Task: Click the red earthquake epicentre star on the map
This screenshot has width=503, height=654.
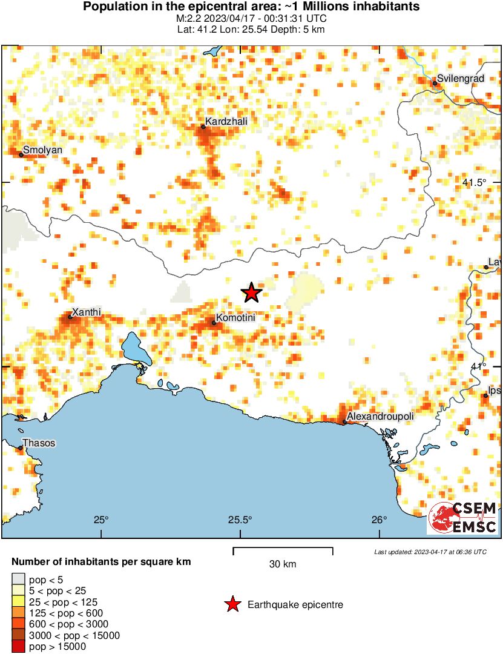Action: [251, 293]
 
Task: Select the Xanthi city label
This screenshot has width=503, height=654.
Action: [87, 312]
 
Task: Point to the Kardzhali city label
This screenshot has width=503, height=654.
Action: [226, 122]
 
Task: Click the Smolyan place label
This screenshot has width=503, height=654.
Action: [42, 150]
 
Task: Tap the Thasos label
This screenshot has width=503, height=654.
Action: [39, 443]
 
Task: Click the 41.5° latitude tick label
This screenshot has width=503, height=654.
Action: [475, 183]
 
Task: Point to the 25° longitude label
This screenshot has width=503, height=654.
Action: [101, 520]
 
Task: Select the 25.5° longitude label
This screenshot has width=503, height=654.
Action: [240, 520]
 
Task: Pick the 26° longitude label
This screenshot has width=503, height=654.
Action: [380, 520]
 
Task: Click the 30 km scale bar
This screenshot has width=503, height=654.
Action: [283, 550]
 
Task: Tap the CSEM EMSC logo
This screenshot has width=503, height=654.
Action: [463, 518]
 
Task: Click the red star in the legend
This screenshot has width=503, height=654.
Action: [232, 604]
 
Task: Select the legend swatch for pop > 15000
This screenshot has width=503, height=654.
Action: [18, 647]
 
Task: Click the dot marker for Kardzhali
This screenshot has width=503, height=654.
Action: [203, 127]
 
